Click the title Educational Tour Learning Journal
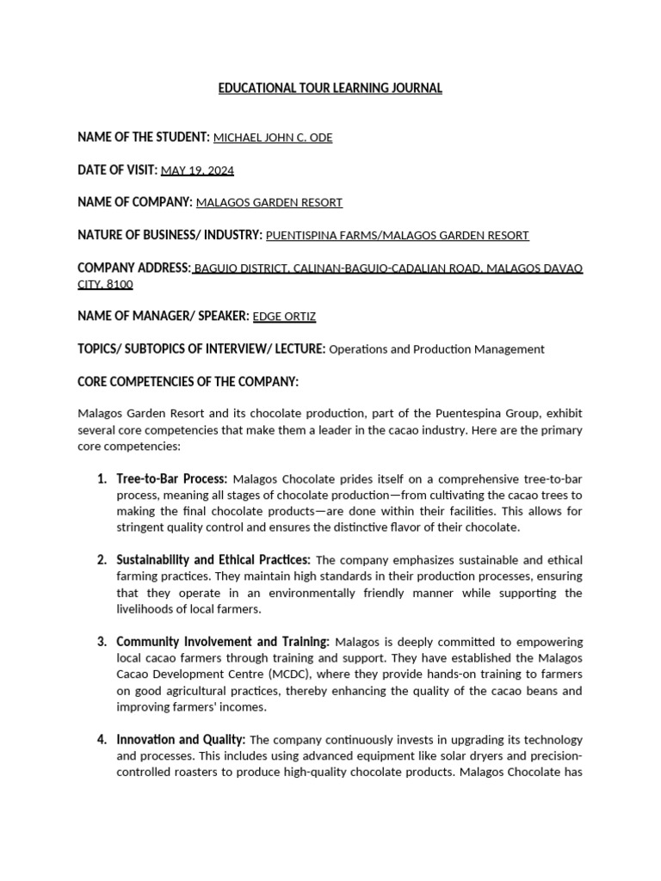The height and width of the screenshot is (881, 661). coord(330,89)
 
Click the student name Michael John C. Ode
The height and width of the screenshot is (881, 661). coord(272,138)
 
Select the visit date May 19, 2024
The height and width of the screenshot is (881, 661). coord(197,170)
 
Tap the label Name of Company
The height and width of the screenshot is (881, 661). coord(134,202)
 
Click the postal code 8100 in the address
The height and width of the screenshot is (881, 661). coord(121,284)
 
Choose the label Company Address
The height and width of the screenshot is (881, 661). coord(134,268)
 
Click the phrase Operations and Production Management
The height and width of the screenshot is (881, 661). coord(436,349)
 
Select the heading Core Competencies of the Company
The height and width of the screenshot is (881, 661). coord(188,381)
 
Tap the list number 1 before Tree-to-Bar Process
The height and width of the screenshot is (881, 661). coord(102,478)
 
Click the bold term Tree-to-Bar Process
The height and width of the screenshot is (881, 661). coord(172,478)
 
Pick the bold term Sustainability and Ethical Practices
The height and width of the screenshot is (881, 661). coord(213,560)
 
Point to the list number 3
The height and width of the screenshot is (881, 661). coord(102,642)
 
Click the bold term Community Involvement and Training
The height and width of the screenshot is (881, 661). coord(223,642)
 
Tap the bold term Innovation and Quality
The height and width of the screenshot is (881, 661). coord(181,740)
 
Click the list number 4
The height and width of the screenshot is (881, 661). coord(102,740)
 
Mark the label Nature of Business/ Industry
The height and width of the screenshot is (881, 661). coord(170,235)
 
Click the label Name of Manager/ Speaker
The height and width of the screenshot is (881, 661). coord(162,317)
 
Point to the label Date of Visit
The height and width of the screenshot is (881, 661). coord(117,170)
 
